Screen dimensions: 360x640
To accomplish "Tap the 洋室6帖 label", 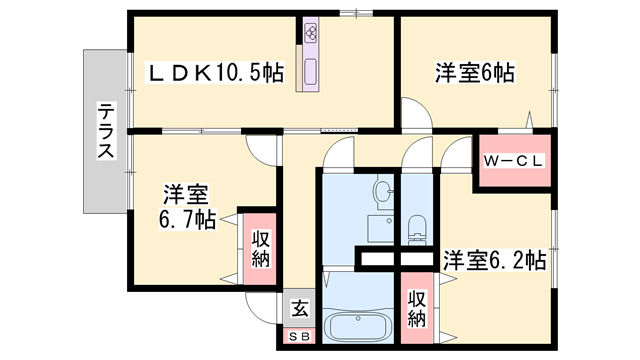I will (474, 73).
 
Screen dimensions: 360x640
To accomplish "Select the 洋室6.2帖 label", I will (495, 260).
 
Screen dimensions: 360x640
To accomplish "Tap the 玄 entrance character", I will (299, 309).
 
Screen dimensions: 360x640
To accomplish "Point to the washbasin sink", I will (382, 191).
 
